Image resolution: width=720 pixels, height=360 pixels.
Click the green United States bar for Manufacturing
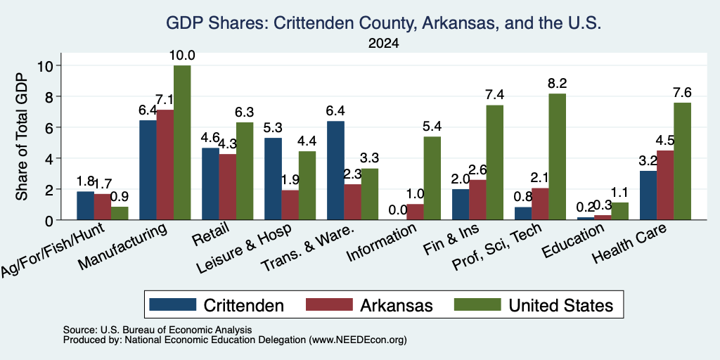182,143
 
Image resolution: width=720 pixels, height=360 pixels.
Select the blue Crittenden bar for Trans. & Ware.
335,170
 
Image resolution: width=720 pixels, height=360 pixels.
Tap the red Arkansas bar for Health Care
665,185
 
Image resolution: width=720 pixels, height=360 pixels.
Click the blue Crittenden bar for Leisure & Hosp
274,179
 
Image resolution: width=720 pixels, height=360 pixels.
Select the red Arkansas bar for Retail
228,187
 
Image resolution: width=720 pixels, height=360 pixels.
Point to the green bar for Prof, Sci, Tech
557,157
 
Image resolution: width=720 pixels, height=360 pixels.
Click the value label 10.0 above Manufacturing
182,56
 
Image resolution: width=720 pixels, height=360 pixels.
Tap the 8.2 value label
557,84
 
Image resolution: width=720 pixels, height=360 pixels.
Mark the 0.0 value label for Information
398,210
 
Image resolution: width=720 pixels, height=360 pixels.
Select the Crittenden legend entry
217,305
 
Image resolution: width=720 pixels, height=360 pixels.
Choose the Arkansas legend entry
369,305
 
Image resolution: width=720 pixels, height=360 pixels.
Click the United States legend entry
534,305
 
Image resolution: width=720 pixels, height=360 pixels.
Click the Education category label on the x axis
573,242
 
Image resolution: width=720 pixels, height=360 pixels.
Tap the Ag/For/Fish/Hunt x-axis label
52,250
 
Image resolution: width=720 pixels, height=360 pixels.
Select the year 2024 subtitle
383,44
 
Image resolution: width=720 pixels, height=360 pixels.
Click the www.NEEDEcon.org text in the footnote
358,340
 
